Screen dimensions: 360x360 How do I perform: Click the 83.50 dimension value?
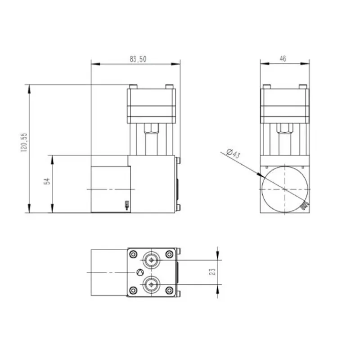(138, 59)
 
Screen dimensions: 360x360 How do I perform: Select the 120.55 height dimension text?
(24, 142)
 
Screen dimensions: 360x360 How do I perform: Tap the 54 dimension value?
(47, 181)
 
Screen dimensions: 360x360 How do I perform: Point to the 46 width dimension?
(283, 59)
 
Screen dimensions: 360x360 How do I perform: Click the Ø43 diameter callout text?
(233, 153)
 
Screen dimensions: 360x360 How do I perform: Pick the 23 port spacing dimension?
(212, 272)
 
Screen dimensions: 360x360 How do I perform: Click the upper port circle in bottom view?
(151, 260)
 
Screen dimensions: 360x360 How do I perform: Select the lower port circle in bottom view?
(151, 285)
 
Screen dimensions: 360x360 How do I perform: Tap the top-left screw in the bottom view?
(133, 254)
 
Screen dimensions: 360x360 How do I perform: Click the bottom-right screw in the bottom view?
(170, 290)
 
